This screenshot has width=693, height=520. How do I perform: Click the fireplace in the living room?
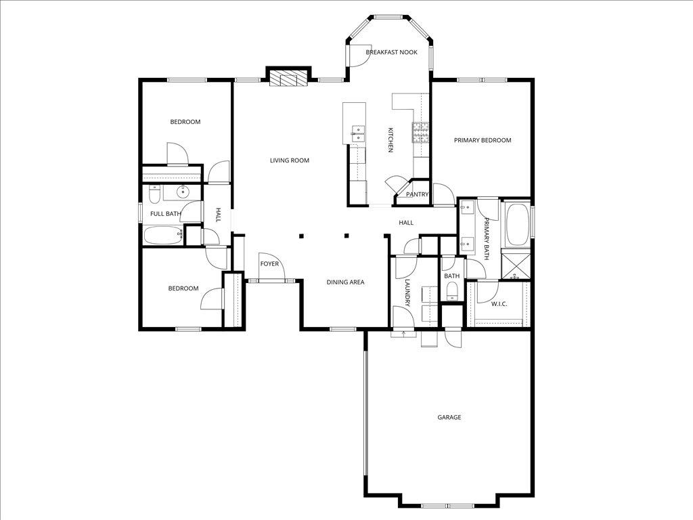click(x=288, y=79)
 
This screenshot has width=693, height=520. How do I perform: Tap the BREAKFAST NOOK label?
click(x=391, y=52)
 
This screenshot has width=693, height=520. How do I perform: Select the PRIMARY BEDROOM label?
click(x=482, y=140)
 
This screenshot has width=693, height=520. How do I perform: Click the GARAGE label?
click(x=449, y=417)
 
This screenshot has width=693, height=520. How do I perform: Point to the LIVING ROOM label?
click(x=289, y=160)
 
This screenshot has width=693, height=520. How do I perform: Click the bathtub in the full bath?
click(x=162, y=235)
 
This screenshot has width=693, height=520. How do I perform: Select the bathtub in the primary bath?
click(x=518, y=224)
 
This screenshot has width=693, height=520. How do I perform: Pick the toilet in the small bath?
click(x=452, y=291)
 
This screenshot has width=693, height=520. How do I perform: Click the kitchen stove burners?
click(x=421, y=132)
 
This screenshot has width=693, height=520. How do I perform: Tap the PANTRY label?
click(x=417, y=194)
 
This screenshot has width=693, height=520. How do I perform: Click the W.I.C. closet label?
click(x=499, y=304)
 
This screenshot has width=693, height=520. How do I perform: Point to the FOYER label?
click(x=269, y=264)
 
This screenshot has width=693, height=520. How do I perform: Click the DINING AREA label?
click(x=346, y=282)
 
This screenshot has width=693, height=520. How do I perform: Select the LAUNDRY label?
click(x=407, y=292)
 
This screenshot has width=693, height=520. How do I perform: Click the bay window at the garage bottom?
click(x=449, y=505)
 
